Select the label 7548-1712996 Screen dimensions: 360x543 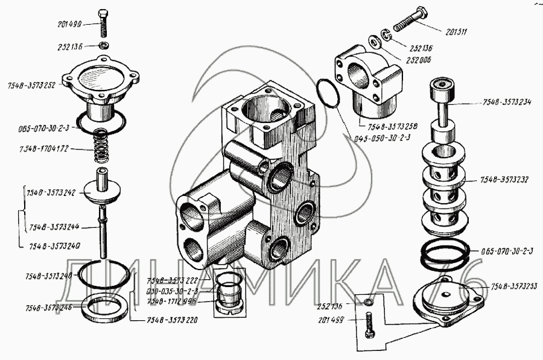pyautogui.click(x=172, y=301)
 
